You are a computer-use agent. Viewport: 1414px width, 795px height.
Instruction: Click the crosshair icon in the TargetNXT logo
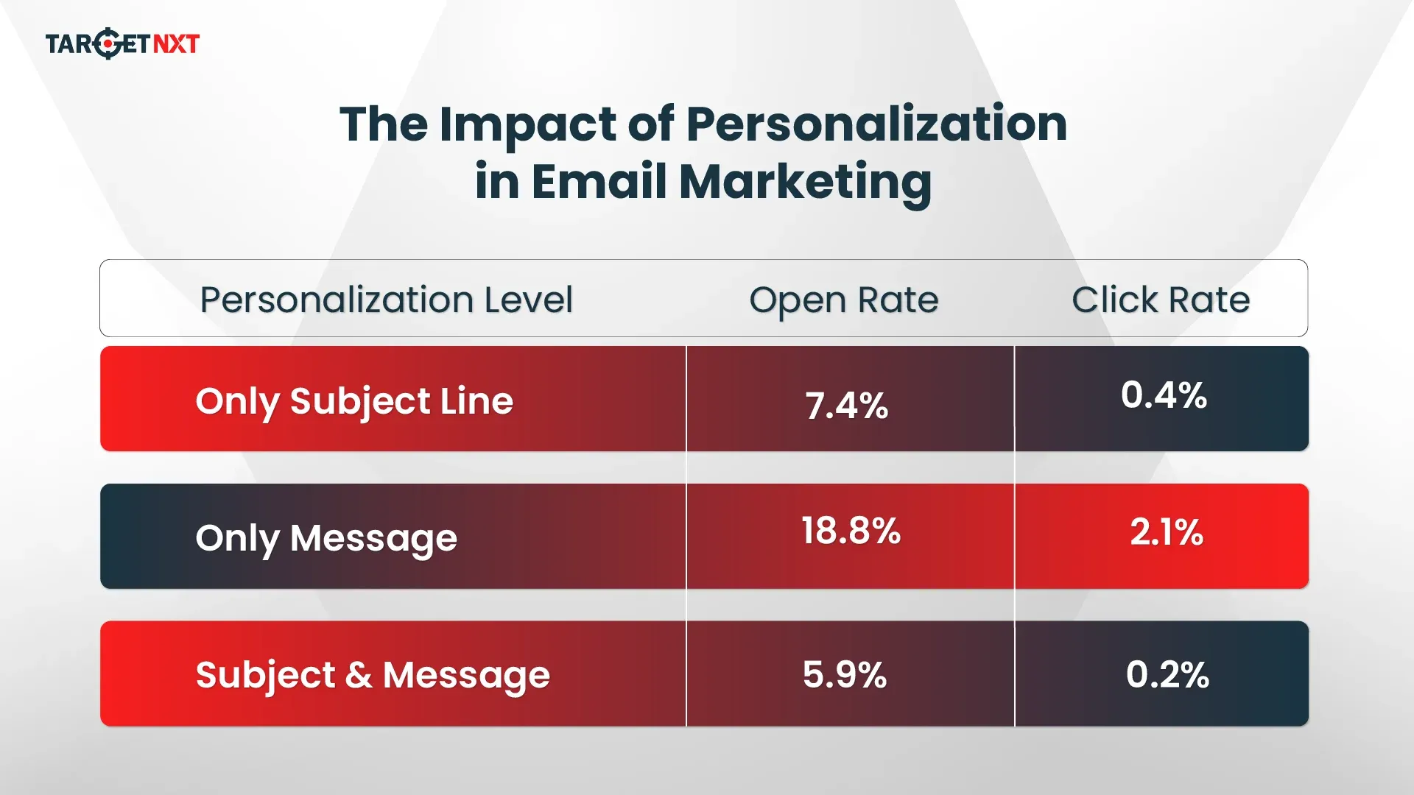tap(108, 43)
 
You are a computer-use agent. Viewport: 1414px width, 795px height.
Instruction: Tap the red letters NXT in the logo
tap(176, 44)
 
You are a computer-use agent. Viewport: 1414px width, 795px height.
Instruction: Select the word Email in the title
tap(599, 181)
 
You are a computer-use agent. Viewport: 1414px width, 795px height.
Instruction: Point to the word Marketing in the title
tap(805, 183)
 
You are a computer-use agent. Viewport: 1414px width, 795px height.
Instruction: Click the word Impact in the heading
tap(527, 125)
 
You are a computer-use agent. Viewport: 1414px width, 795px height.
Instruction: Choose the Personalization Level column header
tap(386, 300)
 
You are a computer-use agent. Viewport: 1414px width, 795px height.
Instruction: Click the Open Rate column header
tap(843, 300)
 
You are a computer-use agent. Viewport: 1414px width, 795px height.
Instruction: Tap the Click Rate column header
tap(1161, 300)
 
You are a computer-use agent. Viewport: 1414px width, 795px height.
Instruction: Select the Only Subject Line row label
tap(354, 402)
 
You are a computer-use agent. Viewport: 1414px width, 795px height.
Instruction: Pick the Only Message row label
tap(326, 539)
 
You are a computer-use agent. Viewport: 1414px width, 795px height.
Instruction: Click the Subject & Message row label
tap(373, 676)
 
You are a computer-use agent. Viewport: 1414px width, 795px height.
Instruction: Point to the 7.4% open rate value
tap(846, 406)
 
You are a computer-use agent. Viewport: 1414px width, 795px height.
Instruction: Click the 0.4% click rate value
tap(1164, 395)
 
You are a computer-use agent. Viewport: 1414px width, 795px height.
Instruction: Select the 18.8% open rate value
tap(851, 531)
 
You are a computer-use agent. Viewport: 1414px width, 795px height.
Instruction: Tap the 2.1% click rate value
tap(1167, 532)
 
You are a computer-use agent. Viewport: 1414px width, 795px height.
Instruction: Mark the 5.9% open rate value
tap(845, 674)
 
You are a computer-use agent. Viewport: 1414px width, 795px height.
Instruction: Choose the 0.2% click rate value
tap(1167, 674)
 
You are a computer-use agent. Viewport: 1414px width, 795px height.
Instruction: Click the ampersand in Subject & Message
tap(359, 675)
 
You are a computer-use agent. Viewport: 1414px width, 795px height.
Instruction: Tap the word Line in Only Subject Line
tap(476, 401)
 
